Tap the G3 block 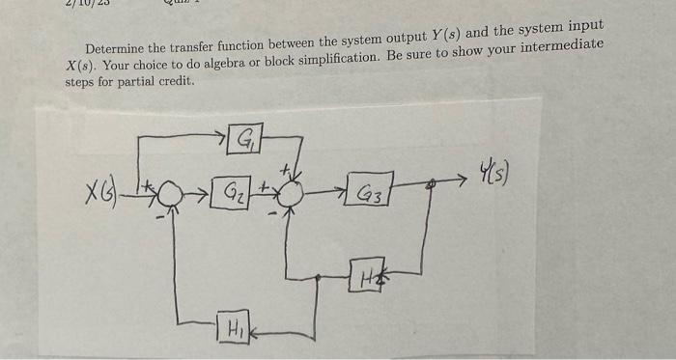point(371,194)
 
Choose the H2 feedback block point(368,273)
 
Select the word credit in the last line point(174,81)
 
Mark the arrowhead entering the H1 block point(257,330)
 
